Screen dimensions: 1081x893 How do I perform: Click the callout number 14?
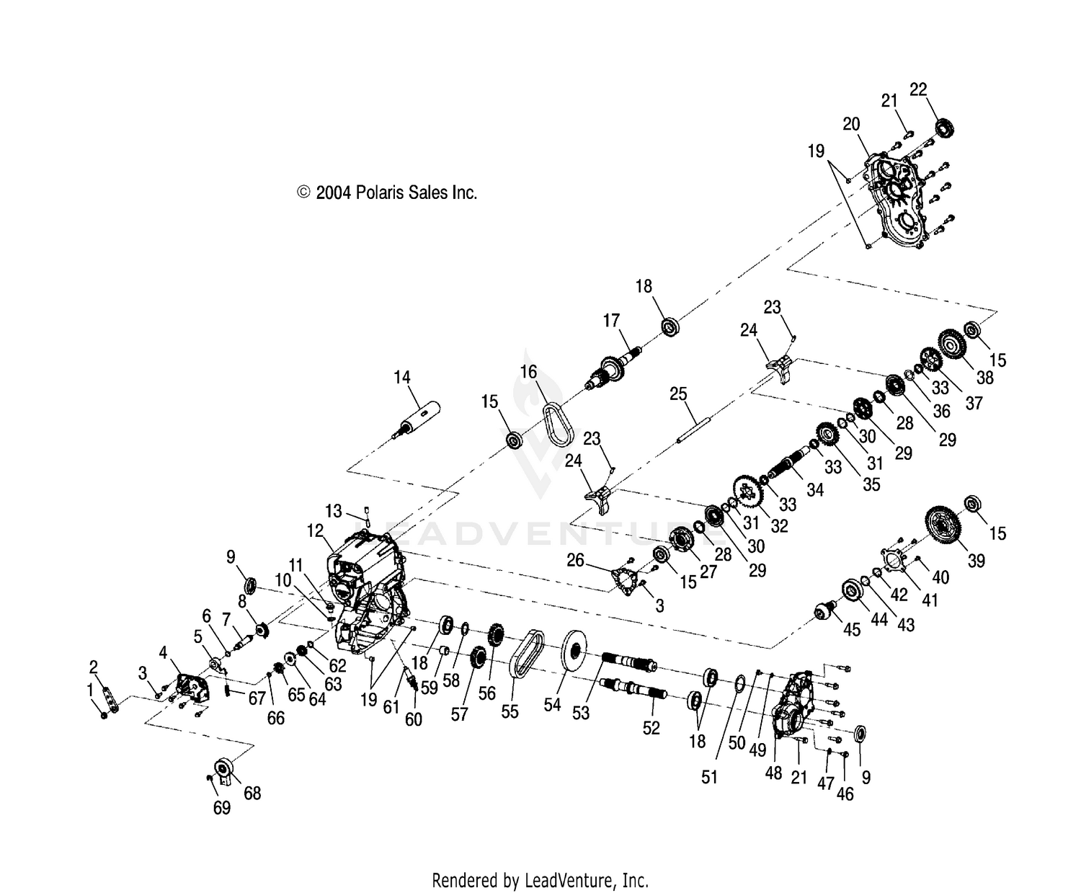pos(401,378)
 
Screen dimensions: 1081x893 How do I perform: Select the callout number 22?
pos(918,89)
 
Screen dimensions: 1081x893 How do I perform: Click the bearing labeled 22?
pos(945,128)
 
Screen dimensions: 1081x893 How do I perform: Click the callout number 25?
pos(678,394)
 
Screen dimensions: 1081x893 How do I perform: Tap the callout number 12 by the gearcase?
pos(315,530)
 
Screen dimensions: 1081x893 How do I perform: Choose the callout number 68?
pos(252,793)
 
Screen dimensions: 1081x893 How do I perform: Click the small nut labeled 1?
pos(104,716)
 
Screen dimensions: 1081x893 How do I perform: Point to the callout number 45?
pos(852,629)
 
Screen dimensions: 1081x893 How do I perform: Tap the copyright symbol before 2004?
pos(303,192)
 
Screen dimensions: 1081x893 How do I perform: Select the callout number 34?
pos(814,489)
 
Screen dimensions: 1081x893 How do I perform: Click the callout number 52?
pos(651,728)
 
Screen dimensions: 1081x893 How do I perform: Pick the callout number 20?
pos(851,124)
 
